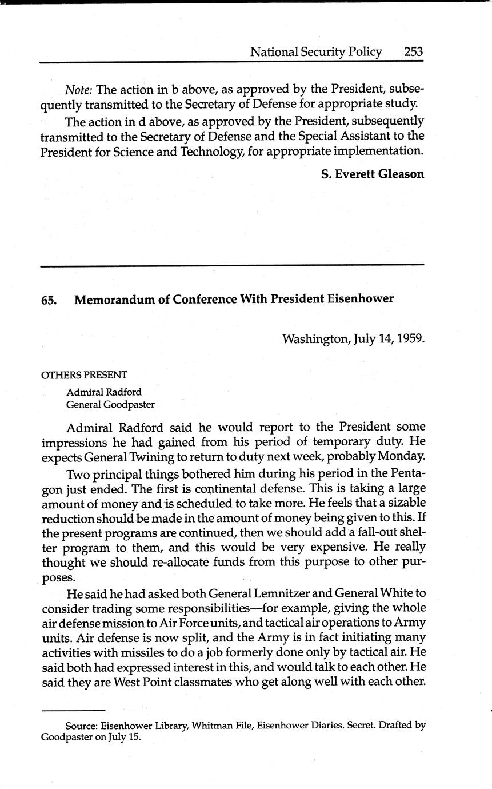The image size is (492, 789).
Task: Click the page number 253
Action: coord(413,52)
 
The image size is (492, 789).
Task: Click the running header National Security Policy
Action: coord(316,52)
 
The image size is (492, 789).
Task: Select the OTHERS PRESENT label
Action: coord(84,375)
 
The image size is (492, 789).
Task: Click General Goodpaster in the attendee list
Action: coord(110,405)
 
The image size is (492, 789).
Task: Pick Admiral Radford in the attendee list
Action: coord(104,393)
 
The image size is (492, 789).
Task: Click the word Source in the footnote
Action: coord(81,726)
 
